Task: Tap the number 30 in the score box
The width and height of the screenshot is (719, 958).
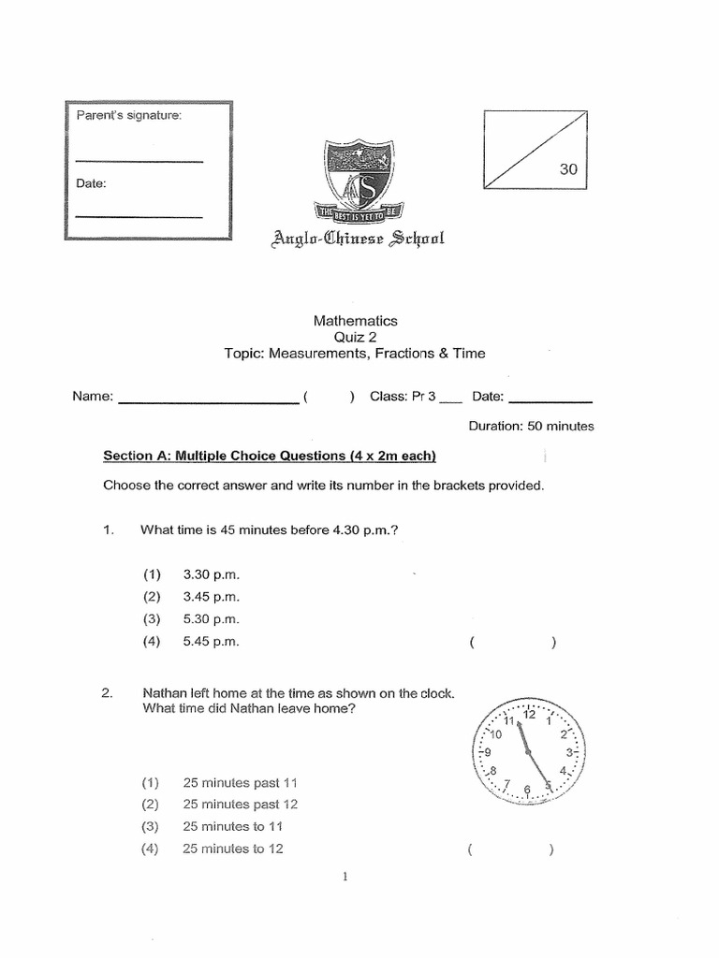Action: pos(569,170)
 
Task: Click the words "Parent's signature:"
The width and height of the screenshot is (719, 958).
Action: pos(129,115)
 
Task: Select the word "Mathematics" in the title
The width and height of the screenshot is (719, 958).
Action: pos(355,320)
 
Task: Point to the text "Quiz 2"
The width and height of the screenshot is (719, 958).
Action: pos(355,337)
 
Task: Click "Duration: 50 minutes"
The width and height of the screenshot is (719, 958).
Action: pos(531,426)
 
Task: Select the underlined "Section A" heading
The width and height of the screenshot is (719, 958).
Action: pos(269,457)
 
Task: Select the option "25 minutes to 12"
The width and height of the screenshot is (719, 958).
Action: pos(233,849)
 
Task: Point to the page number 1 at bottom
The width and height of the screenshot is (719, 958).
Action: pos(346,877)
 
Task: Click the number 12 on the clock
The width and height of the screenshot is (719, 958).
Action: pos(530,715)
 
